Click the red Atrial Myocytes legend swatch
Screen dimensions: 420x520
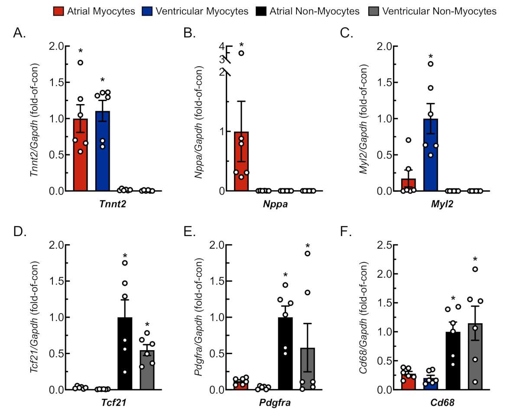(59, 11)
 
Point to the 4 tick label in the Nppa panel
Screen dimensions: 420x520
(221, 46)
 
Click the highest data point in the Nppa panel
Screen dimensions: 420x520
(241, 53)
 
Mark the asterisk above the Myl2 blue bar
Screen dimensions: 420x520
(431, 56)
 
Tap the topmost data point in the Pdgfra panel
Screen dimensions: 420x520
(307, 253)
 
